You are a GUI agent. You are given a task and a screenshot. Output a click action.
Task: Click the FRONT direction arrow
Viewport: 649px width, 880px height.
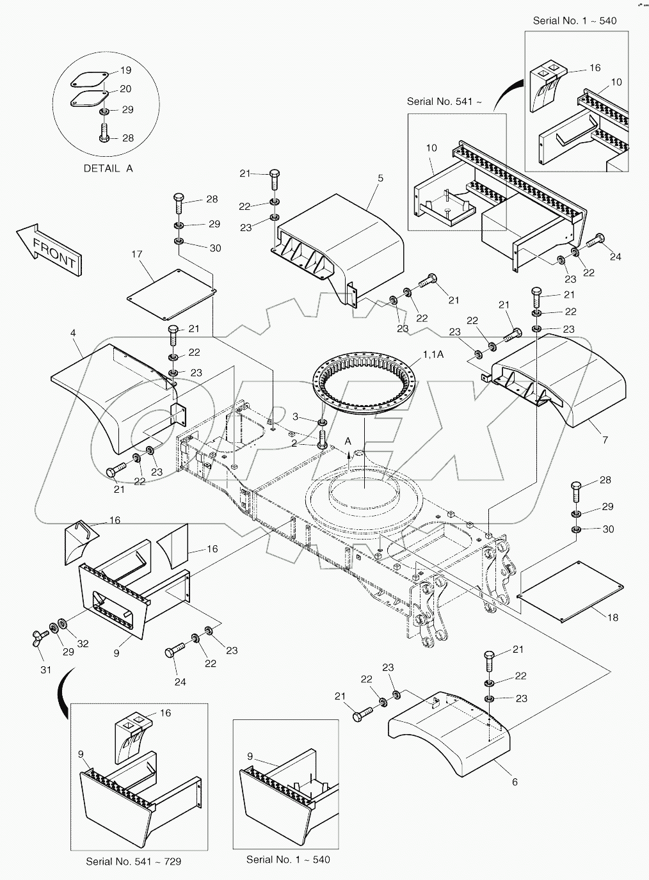coord(49,250)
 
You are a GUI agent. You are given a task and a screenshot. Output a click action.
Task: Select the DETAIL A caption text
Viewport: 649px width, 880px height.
coord(108,168)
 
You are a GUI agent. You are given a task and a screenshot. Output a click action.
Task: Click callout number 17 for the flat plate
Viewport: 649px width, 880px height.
coord(136,254)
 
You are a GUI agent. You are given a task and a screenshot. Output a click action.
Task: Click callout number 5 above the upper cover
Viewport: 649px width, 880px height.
coord(380,178)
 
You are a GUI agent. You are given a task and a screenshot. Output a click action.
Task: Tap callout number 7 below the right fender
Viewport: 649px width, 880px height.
coord(605,440)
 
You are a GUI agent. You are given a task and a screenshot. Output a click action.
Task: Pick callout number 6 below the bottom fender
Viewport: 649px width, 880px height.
coord(515,781)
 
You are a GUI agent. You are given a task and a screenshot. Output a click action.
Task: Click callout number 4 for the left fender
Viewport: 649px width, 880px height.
coord(73,333)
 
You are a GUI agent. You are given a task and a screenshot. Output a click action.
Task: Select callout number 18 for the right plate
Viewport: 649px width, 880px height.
coord(613,618)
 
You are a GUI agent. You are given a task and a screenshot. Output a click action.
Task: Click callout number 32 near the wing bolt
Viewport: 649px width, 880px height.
coord(83,643)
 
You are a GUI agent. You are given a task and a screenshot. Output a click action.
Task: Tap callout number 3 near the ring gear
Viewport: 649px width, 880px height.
coord(296,417)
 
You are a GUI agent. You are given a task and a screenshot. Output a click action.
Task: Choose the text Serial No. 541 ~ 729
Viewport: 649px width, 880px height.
coord(133,861)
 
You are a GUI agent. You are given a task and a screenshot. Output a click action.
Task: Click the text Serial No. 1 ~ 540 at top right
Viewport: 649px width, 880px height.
coord(575,20)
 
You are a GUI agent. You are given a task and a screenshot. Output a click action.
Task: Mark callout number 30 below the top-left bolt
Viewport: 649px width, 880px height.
coord(216,248)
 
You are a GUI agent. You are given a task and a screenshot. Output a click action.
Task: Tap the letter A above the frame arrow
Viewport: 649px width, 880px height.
coord(348,441)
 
